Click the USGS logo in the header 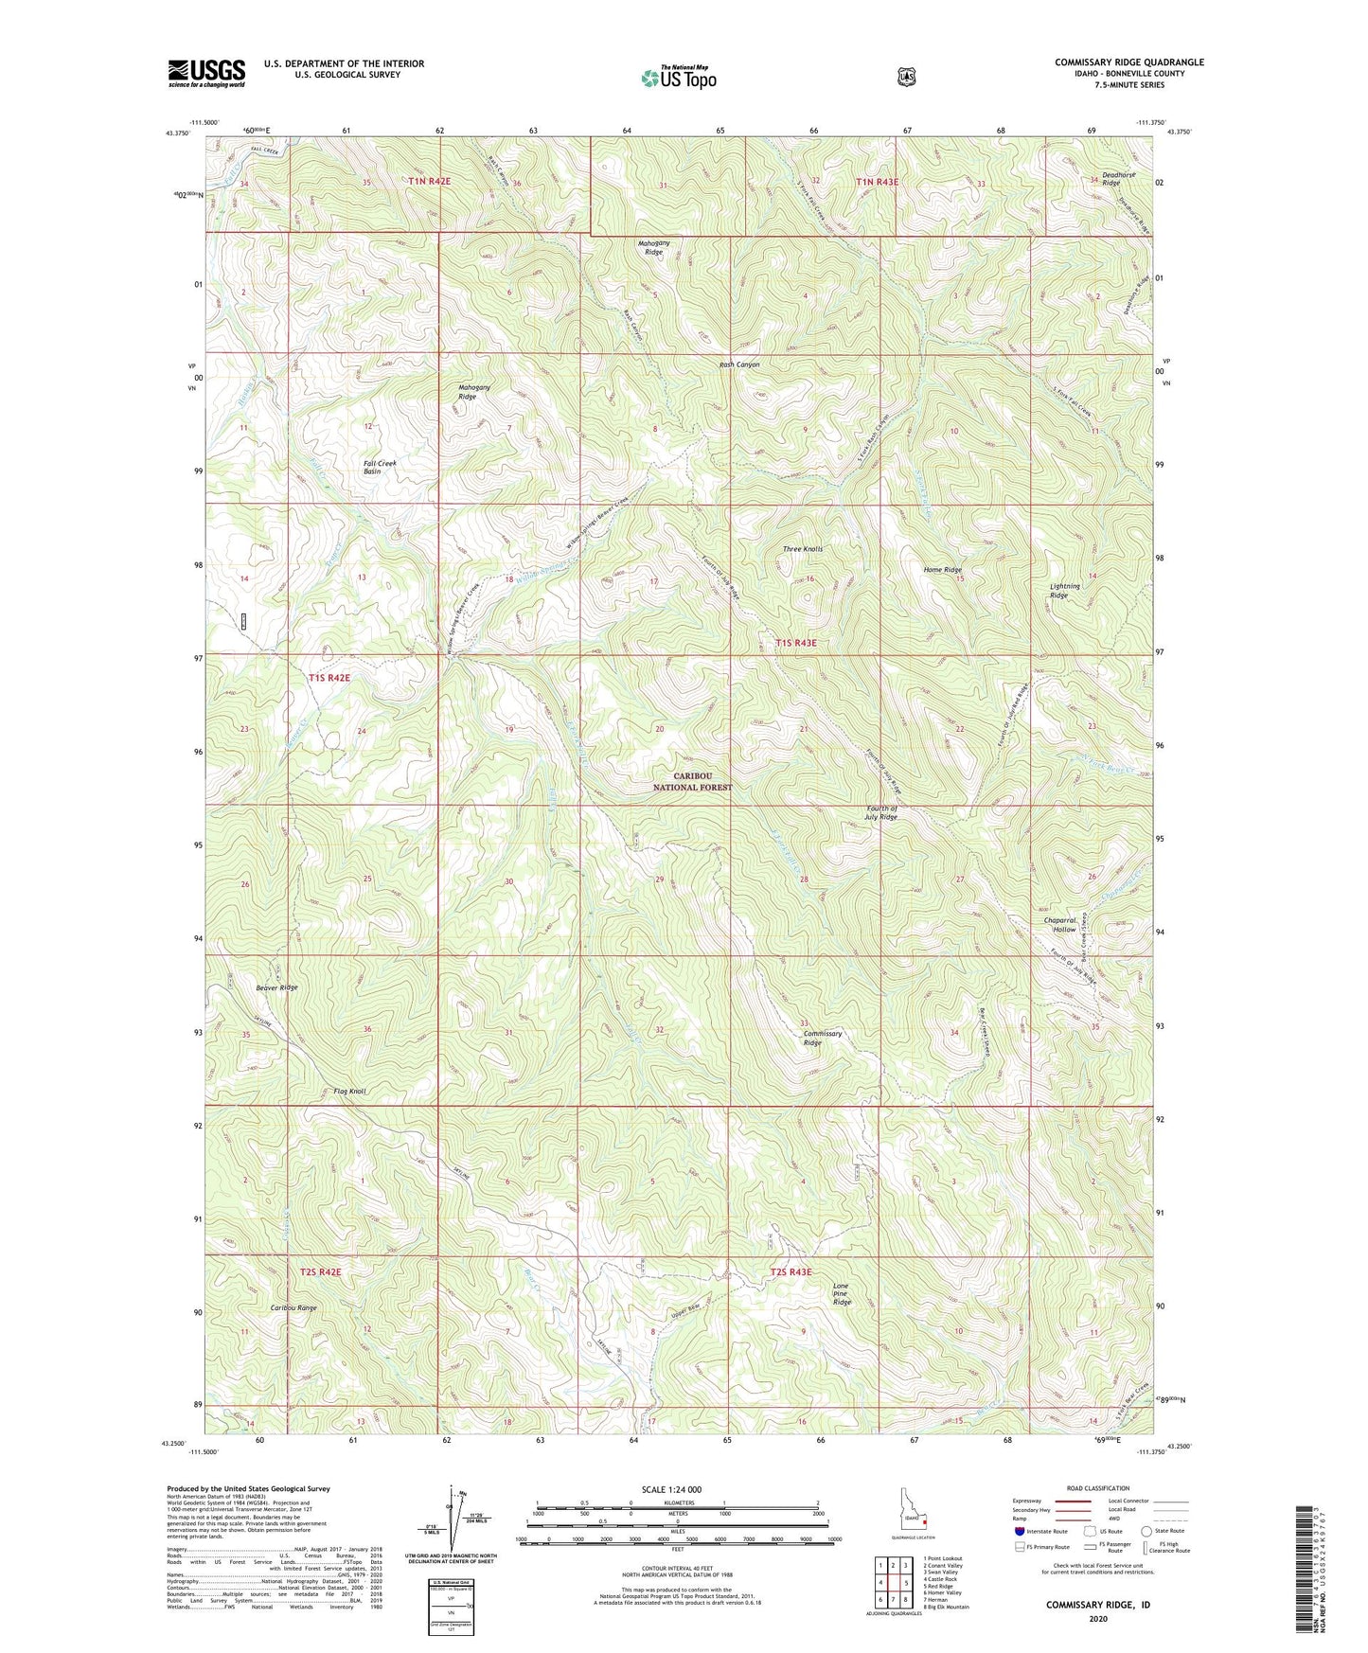click(x=206, y=73)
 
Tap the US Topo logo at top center click(x=678, y=78)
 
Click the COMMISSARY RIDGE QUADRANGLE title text click(x=1129, y=62)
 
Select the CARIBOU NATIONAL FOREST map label click(x=693, y=781)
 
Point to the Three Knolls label click(x=803, y=549)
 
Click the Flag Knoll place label click(x=349, y=1092)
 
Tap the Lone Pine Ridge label click(x=842, y=1293)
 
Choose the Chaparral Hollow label click(x=1059, y=924)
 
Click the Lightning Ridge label click(x=1065, y=591)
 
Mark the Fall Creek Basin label click(x=380, y=467)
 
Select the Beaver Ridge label click(x=276, y=987)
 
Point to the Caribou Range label click(x=293, y=1307)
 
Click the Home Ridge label click(x=943, y=570)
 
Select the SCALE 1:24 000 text click(x=671, y=1489)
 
